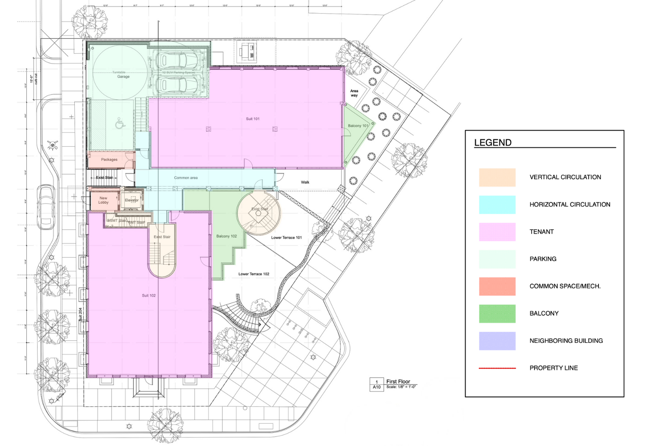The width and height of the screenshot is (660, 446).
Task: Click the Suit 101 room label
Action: click(253, 119)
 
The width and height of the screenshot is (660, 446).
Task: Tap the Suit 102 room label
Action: click(149, 296)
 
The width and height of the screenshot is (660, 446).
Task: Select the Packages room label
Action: click(109, 159)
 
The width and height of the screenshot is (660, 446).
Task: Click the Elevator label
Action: click(132, 200)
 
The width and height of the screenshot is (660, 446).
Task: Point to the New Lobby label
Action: click(103, 200)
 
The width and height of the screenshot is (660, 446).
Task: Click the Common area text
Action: click(186, 178)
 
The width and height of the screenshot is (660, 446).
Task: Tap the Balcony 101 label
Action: click(358, 126)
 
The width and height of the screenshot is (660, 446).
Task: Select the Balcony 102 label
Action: click(227, 236)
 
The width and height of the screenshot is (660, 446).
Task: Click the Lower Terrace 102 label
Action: click(253, 274)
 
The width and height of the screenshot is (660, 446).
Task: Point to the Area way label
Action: click(354, 93)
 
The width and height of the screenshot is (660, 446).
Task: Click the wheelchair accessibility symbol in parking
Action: click(120, 123)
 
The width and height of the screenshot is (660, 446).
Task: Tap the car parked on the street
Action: click(46, 207)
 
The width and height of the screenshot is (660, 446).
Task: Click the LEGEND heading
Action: click(493, 143)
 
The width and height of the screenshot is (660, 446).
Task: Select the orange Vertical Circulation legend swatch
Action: click(497, 178)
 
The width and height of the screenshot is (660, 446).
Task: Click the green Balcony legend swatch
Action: click(497, 314)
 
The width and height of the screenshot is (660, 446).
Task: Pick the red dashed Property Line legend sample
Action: click(497, 368)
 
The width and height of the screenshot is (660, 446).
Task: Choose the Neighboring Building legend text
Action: click(566, 341)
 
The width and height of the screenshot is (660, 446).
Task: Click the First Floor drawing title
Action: click(398, 382)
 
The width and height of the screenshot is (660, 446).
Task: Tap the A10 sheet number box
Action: click(376, 387)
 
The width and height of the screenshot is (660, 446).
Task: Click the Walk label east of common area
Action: click(305, 182)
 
